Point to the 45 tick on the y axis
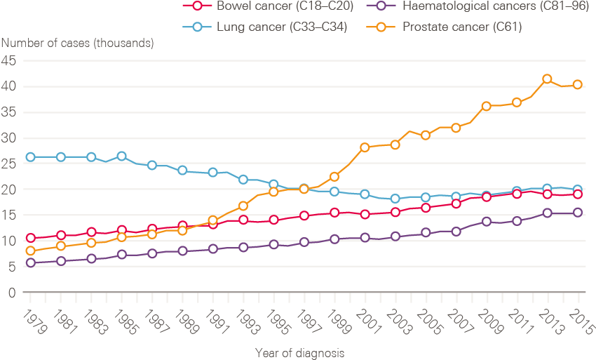point(9,60)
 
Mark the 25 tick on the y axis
point(9,164)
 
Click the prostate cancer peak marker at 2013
point(547,79)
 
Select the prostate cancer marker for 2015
point(578,84)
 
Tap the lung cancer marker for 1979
point(30,157)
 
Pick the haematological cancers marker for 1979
point(30,262)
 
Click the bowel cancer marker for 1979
point(30,238)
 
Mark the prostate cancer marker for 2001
point(365,147)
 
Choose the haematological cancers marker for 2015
point(578,213)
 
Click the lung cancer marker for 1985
point(121,156)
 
